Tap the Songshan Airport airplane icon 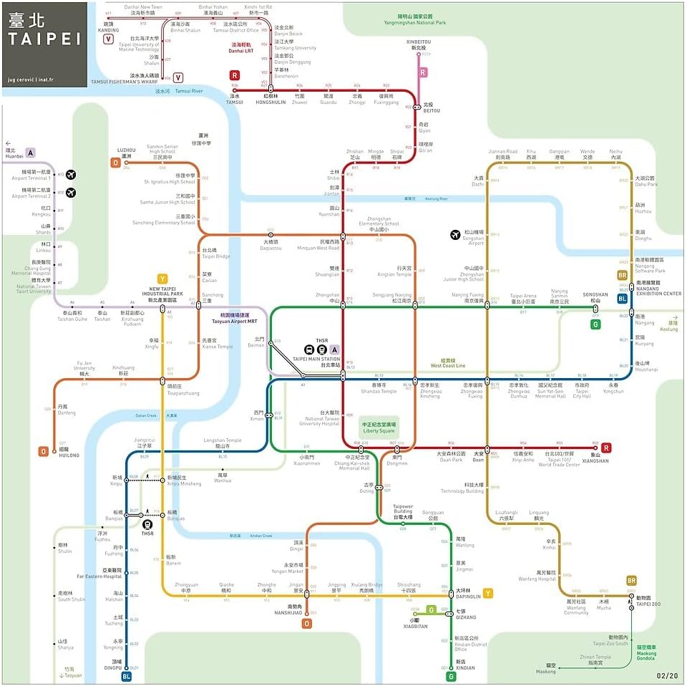455,234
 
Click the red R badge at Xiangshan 606,448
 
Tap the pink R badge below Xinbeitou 423,72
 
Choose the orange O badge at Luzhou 115,163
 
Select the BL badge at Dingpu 126,676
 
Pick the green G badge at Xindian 451,676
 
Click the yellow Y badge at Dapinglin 488,593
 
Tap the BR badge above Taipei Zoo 631,581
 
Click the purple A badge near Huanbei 30,153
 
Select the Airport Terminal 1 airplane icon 70,175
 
